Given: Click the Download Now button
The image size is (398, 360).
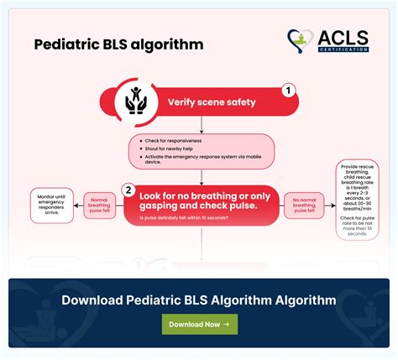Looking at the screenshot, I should (x=199, y=324).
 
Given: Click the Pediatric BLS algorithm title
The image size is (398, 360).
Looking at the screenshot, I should (x=118, y=44).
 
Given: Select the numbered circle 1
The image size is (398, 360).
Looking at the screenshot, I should (x=288, y=90).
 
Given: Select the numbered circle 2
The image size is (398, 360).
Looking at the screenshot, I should (x=129, y=190).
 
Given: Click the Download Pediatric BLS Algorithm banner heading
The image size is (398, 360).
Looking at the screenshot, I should (x=199, y=300).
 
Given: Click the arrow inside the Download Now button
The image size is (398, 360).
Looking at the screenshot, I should (x=226, y=324).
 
